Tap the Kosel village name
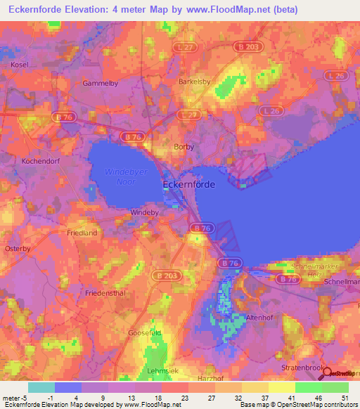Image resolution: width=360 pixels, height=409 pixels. click(19, 65)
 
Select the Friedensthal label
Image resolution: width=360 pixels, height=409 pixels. click(103, 292)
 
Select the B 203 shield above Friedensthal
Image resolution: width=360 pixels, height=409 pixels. click(167, 275)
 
